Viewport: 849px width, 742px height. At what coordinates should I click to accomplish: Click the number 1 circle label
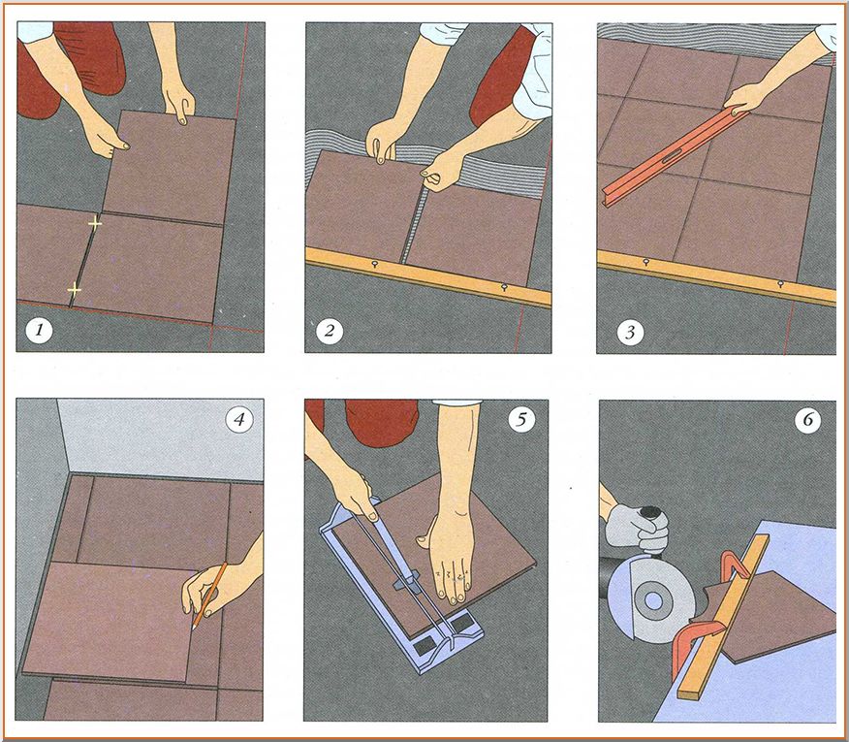point(39,330)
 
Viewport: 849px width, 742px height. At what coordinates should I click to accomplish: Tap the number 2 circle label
point(330,330)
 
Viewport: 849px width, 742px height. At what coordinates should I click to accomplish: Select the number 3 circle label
point(630,332)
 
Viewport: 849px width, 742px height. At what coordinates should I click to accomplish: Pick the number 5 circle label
point(522,419)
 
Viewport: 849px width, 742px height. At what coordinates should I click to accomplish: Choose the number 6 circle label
point(808,420)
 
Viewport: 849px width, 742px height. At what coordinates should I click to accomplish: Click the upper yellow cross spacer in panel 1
point(95,223)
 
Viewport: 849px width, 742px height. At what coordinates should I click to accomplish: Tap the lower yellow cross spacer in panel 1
point(75,290)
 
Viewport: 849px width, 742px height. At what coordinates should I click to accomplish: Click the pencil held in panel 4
point(209,596)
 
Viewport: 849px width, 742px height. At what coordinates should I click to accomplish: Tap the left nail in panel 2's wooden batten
point(374,264)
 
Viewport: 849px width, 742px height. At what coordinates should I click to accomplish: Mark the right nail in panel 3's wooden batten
point(780,283)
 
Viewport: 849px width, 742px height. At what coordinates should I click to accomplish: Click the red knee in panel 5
point(381,423)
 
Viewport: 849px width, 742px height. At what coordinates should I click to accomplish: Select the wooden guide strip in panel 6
point(723,615)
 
